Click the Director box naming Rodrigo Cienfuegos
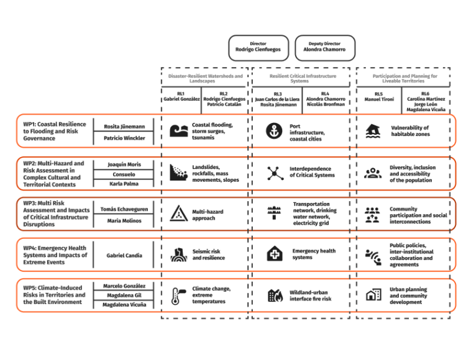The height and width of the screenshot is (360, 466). (x=258, y=48)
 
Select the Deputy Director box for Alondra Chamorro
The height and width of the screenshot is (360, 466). (x=325, y=48)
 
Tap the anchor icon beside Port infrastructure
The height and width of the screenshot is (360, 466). (x=274, y=131)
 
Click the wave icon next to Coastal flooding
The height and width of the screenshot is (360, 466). (x=178, y=131)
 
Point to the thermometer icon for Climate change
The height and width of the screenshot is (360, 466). (x=178, y=295)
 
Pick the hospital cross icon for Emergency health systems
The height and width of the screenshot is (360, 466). (x=275, y=253)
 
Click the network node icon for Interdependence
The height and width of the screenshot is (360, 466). (x=275, y=173)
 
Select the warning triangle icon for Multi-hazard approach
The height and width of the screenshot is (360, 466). (x=178, y=213)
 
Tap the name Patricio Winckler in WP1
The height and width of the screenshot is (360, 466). (x=124, y=138)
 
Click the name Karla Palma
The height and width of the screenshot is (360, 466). (x=124, y=184)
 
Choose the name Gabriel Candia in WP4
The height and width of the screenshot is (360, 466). (x=124, y=255)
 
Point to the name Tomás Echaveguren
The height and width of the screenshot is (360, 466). (x=124, y=209)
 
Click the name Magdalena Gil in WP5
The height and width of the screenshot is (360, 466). (x=124, y=295)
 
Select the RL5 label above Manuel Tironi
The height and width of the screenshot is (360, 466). (x=378, y=94)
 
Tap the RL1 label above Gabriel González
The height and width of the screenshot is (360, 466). (x=181, y=94)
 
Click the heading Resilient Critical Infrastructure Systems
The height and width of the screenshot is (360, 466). (x=303, y=78)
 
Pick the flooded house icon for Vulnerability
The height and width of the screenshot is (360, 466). (x=373, y=131)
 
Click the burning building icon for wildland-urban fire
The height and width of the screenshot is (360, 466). (x=275, y=295)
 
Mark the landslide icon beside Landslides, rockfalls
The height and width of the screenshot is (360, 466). (x=178, y=173)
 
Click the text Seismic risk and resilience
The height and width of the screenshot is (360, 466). (x=208, y=254)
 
